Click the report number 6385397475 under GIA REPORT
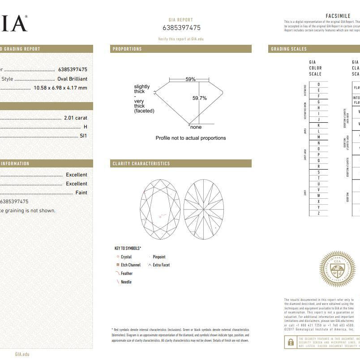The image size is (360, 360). tap(181, 28)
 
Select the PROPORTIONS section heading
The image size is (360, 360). tap(127, 49)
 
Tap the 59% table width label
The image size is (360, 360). tap(190, 79)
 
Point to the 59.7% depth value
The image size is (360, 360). tap(200, 98)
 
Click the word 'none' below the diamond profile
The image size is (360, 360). tap(196, 127)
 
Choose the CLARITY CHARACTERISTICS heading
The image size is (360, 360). tap(141, 163)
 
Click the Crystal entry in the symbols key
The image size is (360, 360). tap(126, 257)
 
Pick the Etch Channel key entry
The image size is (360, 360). tap(130, 265)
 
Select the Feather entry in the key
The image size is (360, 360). tap(126, 274)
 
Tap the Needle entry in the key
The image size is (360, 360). tap(126, 282)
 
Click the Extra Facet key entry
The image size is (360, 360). tap(161, 265)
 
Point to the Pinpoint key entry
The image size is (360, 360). tap(159, 257)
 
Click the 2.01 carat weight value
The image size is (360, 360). tap(75, 118)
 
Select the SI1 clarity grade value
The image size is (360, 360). tap(83, 136)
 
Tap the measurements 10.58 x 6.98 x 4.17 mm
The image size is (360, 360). tap(60, 88)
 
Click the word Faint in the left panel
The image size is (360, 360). tap(81, 193)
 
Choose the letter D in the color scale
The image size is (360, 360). tap(319, 84)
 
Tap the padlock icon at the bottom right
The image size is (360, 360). tap(291, 343)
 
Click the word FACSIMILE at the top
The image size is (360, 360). tap(338, 16)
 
